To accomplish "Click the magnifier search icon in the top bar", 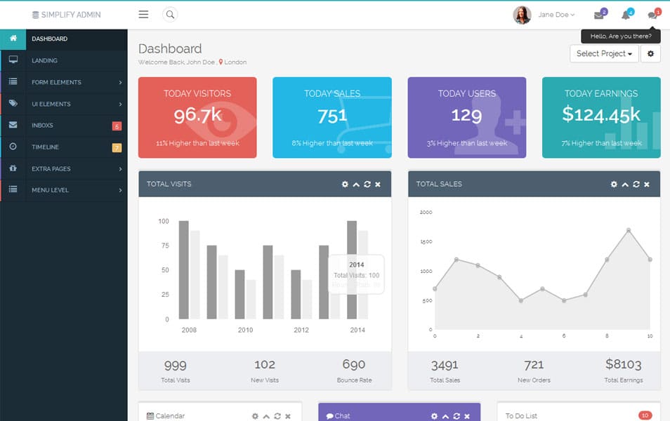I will pos(170,14).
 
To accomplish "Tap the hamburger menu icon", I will pos(143,14).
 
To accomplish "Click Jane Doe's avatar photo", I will pos(522,15).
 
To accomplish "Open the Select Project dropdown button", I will pos(604,53).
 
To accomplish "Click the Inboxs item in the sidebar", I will pos(42,126).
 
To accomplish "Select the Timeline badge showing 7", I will pos(117,147).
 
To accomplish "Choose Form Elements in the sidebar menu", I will pos(56,82).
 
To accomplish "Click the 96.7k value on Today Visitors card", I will pos(198,115).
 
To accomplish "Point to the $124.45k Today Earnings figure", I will pos(601,114).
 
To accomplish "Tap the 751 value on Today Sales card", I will pos(331,116).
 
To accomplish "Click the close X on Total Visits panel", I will pos(378,185).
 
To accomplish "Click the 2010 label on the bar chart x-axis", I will pos(245,330).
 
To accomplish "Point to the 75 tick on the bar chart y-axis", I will pos(164,246).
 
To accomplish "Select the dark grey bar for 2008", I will pos(184,270).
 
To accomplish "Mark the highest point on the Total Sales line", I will pos(629,230).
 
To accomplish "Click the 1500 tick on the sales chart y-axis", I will pos(426,241).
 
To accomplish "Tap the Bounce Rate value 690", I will pos(353,364).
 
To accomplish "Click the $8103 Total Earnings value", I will pos(623,364).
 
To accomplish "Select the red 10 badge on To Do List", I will pos(645,415).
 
